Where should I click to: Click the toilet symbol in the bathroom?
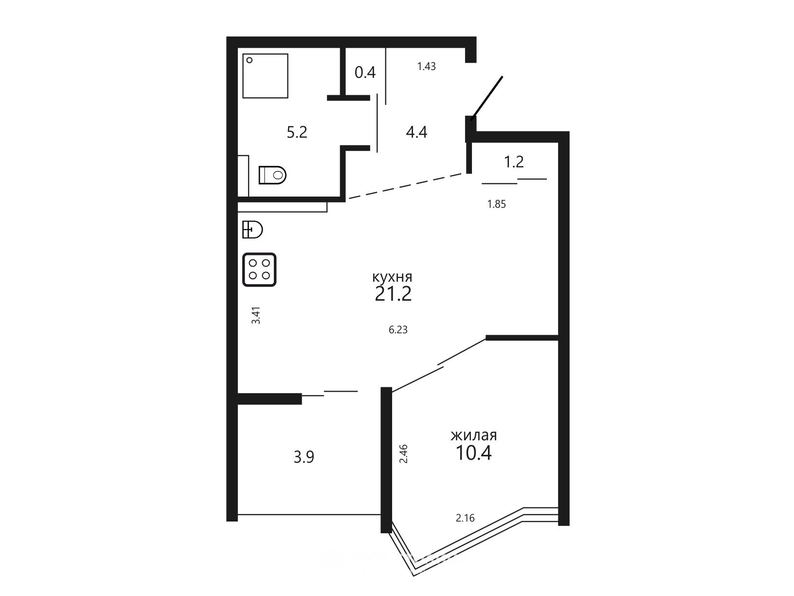[272, 175]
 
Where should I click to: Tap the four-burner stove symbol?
[259, 270]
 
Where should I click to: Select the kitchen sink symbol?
[252, 229]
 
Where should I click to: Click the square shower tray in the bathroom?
[265, 76]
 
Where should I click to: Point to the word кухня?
[392, 277]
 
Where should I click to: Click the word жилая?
[473, 435]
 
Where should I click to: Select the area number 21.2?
[393, 294]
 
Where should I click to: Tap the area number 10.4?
[473, 453]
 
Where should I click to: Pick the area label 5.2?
[297, 132]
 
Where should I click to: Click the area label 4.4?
[416, 132]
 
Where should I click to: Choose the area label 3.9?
[304, 457]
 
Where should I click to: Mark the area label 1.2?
[514, 162]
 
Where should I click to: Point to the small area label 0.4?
[365, 72]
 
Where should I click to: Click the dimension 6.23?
[398, 330]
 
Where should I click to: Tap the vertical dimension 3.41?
[256, 315]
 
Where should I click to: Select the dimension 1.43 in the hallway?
[427, 67]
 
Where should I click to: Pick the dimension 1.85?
[496, 204]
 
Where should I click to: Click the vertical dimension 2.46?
[403, 454]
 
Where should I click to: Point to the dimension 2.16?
[465, 518]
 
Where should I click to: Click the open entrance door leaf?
[487, 98]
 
